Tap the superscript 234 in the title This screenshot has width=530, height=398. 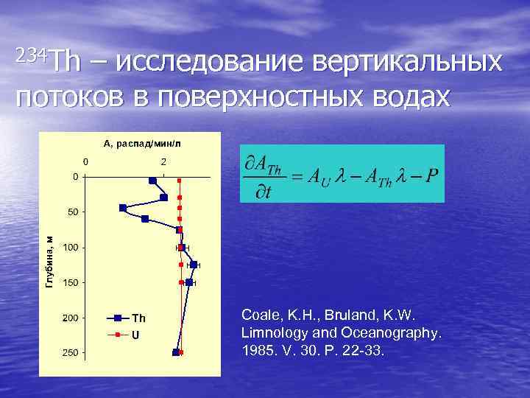click(32, 53)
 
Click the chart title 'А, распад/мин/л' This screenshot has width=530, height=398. click(142, 143)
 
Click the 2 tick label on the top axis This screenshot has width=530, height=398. click(164, 161)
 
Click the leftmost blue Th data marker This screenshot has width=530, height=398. click(122, 207)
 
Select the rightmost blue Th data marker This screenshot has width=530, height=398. click(194, 265)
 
